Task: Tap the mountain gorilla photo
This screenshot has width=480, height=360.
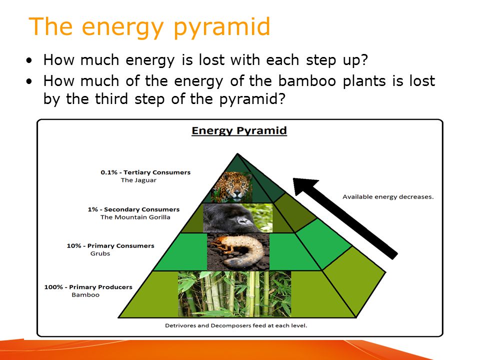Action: tap(238, 218)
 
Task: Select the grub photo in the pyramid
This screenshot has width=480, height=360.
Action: tap(238, 251)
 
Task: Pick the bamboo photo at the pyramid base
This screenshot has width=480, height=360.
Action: tap(234, 294)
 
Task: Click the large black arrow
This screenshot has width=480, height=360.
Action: tap(345, 218)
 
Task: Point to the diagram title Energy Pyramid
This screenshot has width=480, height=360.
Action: tap(239, 130)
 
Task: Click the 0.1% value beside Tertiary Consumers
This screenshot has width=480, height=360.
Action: tap(109, 172)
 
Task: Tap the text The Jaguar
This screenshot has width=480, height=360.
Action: tap(138, 180)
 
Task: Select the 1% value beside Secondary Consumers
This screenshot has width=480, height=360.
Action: tap(93, 209)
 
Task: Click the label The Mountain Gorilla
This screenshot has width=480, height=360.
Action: tap(135, 217)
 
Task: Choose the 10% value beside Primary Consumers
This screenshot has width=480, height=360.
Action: tap(74, 246)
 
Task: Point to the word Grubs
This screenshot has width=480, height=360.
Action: tap(100, 253)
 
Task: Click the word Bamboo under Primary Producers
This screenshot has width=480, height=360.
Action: tap(85, 295)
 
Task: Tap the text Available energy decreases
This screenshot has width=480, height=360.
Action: tap(388, 197)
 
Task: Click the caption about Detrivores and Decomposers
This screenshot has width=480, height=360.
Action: tap(236, 325)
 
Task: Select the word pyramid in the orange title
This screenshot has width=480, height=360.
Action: tap(222, 27)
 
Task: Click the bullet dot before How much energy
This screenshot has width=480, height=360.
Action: tap(29, 60)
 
